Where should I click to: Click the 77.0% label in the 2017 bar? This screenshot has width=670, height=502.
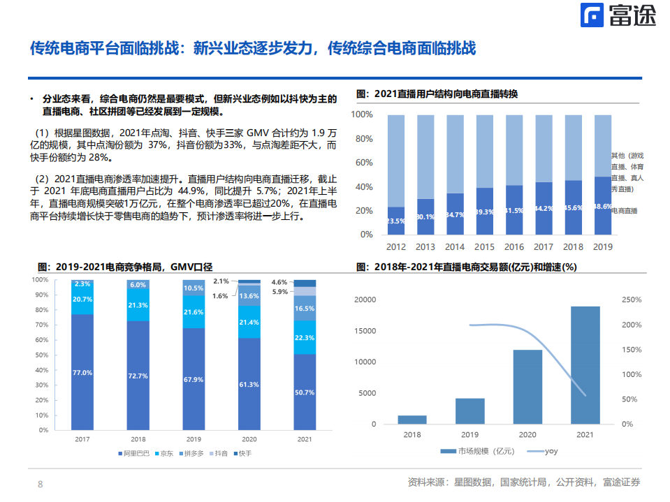pos(82,373)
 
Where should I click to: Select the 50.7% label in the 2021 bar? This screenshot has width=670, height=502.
pos(305,392)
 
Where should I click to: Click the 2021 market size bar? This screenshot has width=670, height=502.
pos(585,364)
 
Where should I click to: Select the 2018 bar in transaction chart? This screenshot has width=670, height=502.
pos(412,420)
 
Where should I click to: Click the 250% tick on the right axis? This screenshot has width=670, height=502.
pos(632,300)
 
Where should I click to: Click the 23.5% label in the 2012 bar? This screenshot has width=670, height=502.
pos(396,221)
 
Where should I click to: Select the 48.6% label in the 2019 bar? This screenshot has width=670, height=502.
pos(602,207)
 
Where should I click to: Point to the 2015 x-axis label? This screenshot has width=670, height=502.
pos(484,247)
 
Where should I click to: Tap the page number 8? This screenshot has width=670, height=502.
pos(41,484)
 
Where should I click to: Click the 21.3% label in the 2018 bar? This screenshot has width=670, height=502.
pos(138,305)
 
